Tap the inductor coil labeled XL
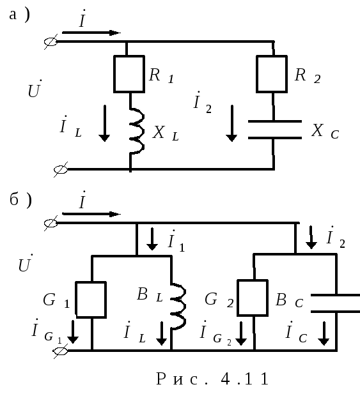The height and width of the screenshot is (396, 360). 137,131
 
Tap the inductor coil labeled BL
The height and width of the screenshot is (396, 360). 178,306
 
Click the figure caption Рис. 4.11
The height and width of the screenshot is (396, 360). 212,379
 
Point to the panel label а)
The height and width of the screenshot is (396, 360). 19,15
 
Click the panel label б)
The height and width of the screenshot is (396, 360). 20,201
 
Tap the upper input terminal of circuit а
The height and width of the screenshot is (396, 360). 51,42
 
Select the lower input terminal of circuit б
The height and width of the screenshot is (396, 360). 60,351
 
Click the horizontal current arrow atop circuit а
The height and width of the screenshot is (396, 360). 91,33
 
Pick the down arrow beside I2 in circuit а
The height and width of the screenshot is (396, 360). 231,123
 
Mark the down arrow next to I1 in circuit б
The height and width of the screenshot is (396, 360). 152,239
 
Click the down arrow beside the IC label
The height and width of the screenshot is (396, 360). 324,333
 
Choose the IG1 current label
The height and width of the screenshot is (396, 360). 47,331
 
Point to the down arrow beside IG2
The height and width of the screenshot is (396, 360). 241,333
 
